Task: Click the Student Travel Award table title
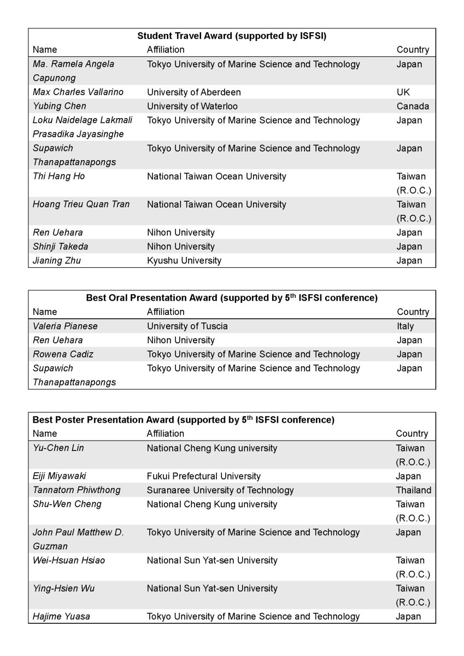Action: click(x=232, y=36)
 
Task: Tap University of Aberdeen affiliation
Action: click(x=193, y=92)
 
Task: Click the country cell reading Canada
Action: click(x=413, y=106)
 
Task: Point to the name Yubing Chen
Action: click(x=60, y=106)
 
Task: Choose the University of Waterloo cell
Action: click(x=192, y=106)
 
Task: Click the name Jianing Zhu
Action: click(x=57, y=260)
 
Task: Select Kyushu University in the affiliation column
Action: click(x=184, y=260)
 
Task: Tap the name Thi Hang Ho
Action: click(x=59, y=176)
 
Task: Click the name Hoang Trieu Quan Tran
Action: click(x=81, y=204)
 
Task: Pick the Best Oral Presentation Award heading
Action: click(x=232, y=298)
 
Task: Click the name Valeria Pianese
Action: click(x=65, y=326)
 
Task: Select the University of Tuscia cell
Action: click(x=187, y=326)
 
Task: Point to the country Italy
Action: click(x=405, y=326)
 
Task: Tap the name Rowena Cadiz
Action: click(x=63, y=354)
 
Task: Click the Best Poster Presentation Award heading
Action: click(x=184, y=420)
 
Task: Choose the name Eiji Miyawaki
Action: click(x=60, y=476)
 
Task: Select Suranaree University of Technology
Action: click(x=220, y=490)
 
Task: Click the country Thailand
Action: click(x=413, y=490)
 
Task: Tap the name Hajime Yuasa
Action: click(x=61, y=616)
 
